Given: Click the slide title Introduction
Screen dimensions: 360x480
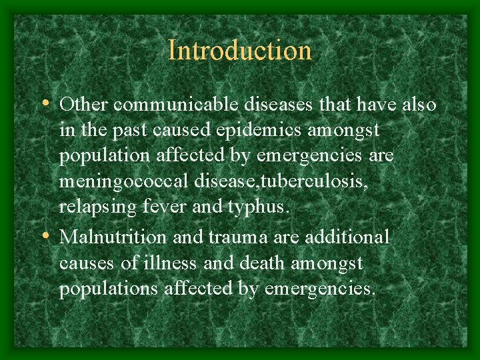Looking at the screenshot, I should [x=240, y=51].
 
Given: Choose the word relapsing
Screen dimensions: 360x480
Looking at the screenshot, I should [x=99, y=207].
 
